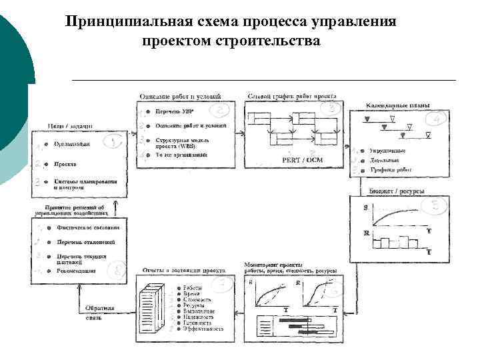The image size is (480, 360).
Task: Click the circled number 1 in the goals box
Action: click(114, 142)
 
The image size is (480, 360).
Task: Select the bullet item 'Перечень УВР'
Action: click(175, 111)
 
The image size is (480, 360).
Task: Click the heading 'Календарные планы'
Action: click(398, 105)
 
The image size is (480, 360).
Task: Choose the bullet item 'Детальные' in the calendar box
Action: click(385, 161)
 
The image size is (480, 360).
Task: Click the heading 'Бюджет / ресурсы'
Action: click(387, 191)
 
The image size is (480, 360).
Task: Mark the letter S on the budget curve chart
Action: click(365, 209)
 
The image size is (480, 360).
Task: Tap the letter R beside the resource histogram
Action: click(365, 233)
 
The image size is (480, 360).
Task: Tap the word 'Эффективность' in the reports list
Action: click(204, 329)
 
